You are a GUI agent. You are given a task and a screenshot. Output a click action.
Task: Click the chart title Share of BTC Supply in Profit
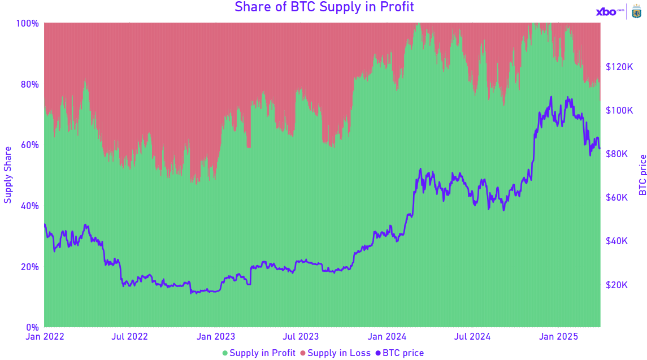(x=324, y=7)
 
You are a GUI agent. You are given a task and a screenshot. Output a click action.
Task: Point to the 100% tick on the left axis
(x=27, y=23)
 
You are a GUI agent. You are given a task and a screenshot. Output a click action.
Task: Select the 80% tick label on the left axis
(x=29, y=84)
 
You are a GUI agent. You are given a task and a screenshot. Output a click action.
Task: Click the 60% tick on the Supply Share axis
(x=29, y=145)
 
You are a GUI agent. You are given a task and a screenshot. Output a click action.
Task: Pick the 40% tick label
(x=29, y=206)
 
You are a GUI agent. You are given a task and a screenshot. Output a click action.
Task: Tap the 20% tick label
(x=29, y=267)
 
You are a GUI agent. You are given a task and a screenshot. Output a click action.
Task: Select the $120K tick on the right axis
(x=618, y=67)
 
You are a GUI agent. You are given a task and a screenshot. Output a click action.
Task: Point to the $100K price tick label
(x=618, y=110)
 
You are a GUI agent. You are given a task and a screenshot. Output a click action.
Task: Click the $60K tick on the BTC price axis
(x=616, y=197)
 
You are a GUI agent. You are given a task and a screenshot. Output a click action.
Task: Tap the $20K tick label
(x=616, y=285)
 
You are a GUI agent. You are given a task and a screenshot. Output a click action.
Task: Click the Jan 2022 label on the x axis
(x=45, y=337)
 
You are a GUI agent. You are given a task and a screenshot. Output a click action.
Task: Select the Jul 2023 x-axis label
(x=301, y=337)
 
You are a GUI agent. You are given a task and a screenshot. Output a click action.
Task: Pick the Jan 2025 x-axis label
(x=558, y=337)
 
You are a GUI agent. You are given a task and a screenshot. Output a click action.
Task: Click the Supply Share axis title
(x=8, y=175)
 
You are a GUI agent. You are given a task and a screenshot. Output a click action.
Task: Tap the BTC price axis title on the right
(x=642, y=175)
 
